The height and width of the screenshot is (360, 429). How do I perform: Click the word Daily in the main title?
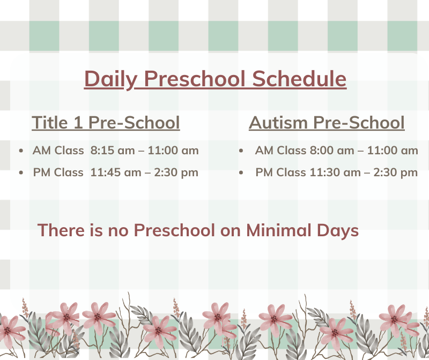(110, 79)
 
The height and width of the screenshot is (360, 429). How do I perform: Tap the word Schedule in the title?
(299, 78)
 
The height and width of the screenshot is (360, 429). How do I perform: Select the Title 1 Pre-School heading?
(106, 122)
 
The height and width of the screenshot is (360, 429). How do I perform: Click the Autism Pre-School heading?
(327, 122)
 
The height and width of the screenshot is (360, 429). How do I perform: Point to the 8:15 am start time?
(113, 151)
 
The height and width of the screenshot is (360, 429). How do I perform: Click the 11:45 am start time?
(116, 172)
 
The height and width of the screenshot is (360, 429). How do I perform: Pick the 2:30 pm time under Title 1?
(176, 173)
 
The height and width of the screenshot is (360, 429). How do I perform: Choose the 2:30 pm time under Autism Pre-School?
(396, 173)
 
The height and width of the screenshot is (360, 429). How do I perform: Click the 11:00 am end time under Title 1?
(173, 151)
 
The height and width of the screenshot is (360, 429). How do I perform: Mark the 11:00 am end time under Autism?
(393, 151)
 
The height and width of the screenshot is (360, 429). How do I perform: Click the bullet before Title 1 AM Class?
(21, 151)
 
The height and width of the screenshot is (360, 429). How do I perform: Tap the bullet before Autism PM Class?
(241, 172)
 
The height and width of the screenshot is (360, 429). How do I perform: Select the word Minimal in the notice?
(279, 230)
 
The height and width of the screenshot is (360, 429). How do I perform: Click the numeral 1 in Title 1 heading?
(78, 122)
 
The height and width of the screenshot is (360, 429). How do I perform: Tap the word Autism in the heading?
(278, 122)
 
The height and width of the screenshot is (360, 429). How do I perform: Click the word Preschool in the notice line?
(174, 230)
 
